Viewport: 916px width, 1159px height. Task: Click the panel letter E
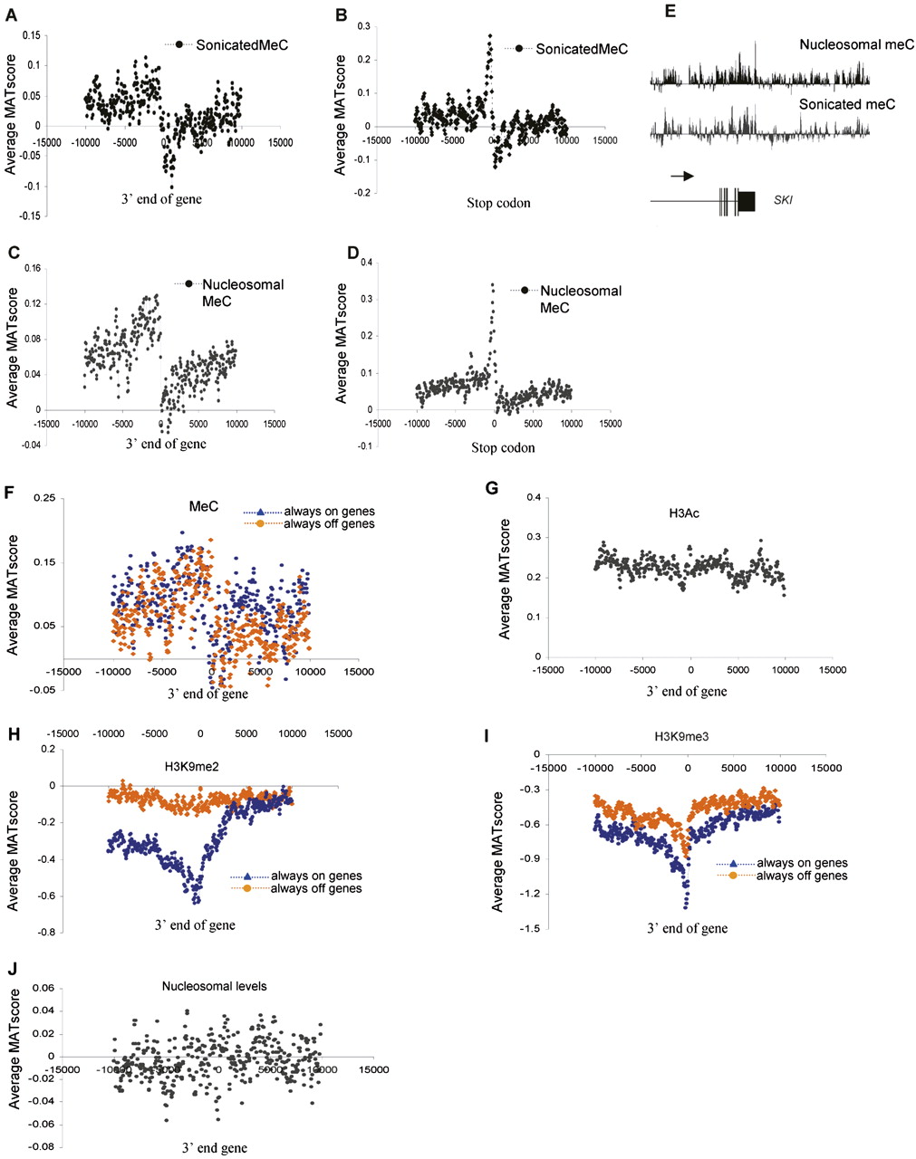tap(656, 14)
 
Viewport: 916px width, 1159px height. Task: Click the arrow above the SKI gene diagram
tap(682, 176)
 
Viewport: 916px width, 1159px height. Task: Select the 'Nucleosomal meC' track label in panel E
tap(856, 43)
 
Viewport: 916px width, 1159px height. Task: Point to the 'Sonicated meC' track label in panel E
tap(846, 104)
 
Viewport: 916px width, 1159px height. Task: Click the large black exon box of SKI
tap(747, 201)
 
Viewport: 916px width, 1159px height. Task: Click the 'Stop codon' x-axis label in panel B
tap(498, 203)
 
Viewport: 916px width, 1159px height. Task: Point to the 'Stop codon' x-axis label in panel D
tap(503, 447)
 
